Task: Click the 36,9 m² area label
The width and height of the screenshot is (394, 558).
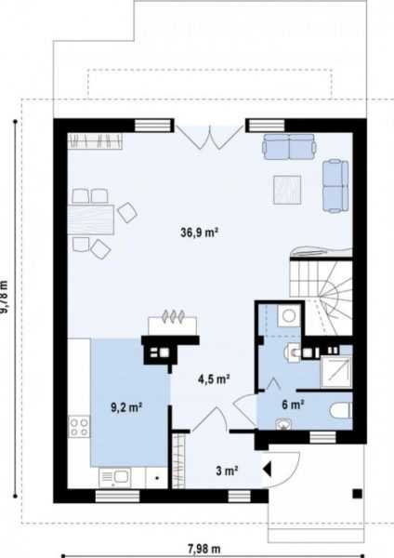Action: tap(199, 232)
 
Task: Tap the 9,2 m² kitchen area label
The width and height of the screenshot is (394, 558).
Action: tap(127, 407)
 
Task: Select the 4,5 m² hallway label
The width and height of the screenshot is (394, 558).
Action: tap(214, 379)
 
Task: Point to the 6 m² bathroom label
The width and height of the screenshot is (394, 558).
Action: tap(293, 405)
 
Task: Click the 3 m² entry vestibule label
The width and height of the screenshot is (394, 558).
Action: tap(227, 471)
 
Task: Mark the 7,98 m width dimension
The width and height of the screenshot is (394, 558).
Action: tap(204, 549)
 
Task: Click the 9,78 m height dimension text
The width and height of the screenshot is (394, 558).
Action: tap(4, 297)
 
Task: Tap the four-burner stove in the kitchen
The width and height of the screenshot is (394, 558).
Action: tap(79, 427)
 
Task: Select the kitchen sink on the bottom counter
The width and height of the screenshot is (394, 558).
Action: tap(114, 477)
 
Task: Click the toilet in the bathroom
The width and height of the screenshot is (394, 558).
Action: tap(341, 410)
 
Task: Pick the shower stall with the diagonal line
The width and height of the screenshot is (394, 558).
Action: tap(336, 371)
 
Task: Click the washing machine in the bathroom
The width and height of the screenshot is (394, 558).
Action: tap(289, 315)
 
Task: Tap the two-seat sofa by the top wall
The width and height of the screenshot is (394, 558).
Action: tap(289, 147)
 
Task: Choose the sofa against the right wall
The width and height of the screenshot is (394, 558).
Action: tap(335, 186)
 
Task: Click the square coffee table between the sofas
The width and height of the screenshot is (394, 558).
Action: tap(287, 190)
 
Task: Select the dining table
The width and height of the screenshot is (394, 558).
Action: tap(91, 219)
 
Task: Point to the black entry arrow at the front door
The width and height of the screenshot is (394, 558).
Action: tap(267, 470)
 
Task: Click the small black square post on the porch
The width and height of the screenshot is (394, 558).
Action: tap(358, 494)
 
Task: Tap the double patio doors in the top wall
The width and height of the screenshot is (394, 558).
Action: tap(210, 137)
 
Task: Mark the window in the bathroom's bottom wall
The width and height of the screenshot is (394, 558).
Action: tap(322, 437)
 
